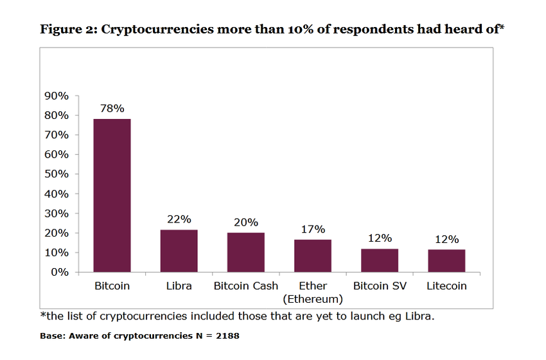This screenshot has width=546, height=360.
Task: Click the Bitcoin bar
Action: (112, 195)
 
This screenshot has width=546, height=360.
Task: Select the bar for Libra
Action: (179, 251)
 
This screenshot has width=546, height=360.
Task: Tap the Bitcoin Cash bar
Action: (245, 252)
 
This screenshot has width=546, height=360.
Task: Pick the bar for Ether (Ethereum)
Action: (313, 255)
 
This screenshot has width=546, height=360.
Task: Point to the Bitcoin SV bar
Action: (380, 260)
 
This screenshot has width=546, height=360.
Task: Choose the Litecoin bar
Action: (446, 260)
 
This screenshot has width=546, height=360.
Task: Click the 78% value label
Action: (112, 109)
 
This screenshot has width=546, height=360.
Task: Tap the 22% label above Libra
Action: (179, 219)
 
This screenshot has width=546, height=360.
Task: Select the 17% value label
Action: (313, 229)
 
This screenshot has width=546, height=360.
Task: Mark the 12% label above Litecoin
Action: (446, 239)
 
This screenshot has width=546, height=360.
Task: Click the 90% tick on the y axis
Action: (57, 96)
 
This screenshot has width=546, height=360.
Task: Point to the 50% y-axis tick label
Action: (57, 174)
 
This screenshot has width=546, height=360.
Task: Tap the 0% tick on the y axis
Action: (59, 272)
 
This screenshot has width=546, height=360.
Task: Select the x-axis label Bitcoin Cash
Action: (245, 286)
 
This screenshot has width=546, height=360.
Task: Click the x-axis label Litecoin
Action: (446, 286)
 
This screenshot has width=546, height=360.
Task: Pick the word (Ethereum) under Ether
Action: (313, 299)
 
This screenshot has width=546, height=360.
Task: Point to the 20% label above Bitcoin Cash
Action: (245, 222)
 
